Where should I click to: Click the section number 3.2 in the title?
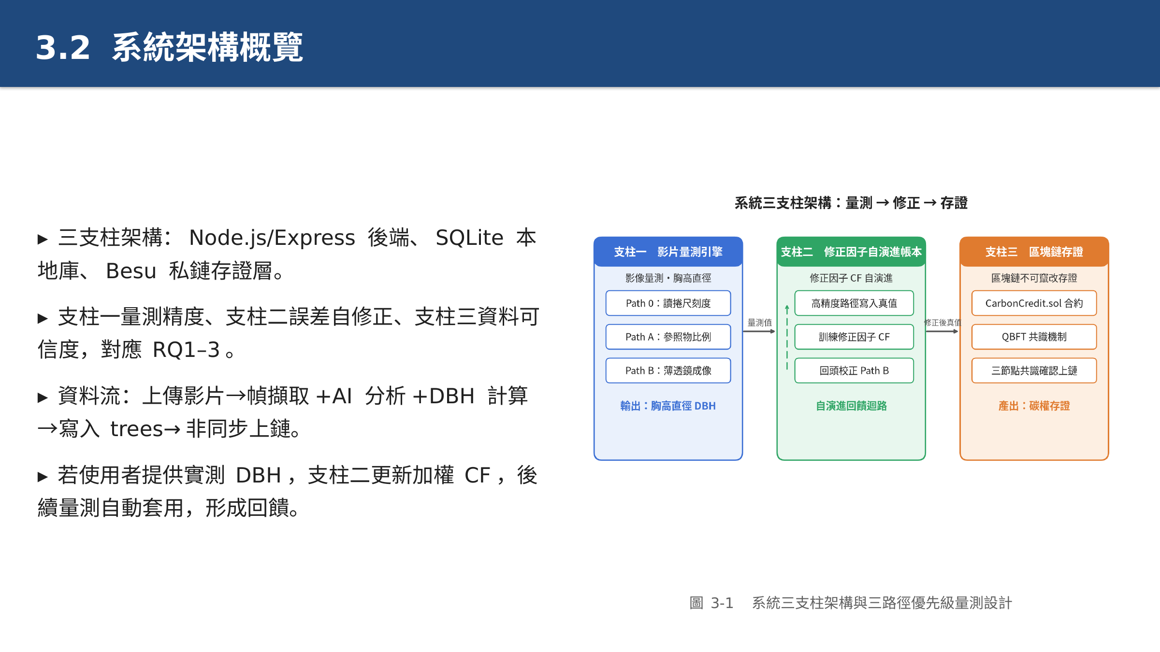63,48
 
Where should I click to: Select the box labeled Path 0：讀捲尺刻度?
668,303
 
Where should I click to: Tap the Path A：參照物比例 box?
668,337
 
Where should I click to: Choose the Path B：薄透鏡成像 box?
668,370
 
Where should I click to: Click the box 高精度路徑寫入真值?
854,303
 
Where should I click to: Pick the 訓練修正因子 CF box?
854,337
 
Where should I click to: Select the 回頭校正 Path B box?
854,370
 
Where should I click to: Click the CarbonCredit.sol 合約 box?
1034,303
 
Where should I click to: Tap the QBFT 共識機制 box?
1034,337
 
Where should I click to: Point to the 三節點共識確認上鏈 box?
1034,370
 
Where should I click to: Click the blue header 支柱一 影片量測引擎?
668,252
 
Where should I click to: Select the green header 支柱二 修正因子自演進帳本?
851,252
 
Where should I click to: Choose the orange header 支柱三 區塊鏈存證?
1034,252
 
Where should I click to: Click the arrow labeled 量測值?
759,331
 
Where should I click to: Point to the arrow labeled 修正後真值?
942,331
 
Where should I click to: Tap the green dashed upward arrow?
787,338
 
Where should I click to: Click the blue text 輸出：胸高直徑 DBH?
668,406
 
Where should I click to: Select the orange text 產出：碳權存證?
1034,406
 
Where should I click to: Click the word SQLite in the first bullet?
469,238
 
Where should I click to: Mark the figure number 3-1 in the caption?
722,603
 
